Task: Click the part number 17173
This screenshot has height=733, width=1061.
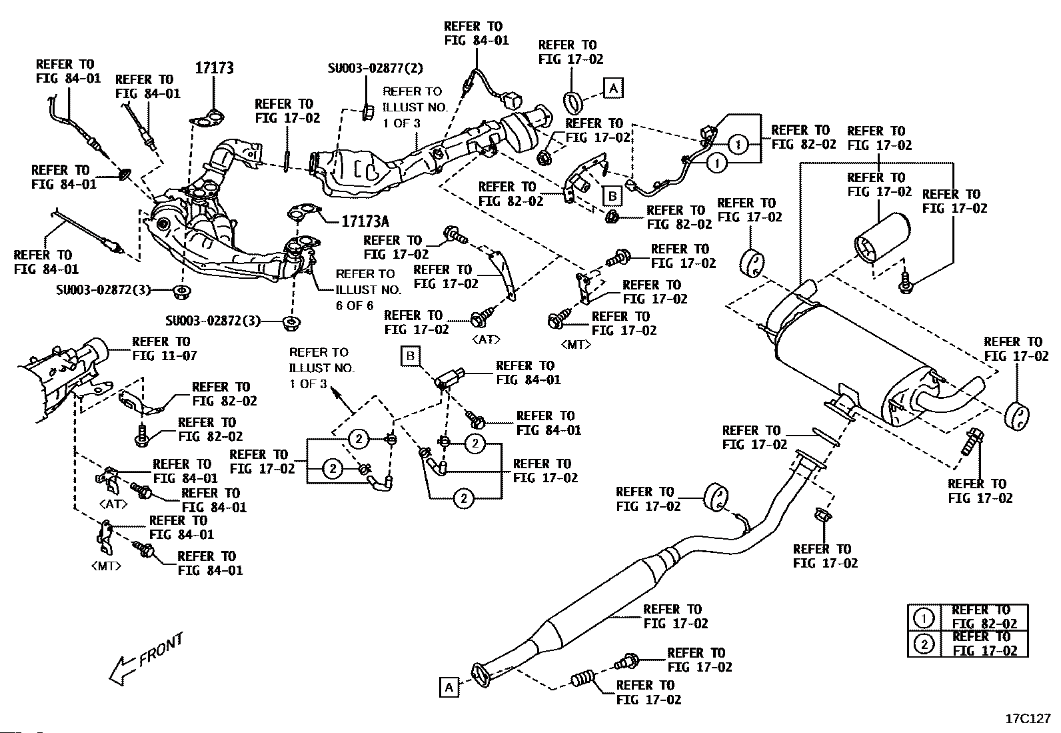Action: pos(214,68)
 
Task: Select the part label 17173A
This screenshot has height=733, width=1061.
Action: pos(365,221)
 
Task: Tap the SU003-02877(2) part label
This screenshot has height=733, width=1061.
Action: pos(375,68)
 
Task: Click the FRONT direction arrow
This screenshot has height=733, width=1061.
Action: pos(145,659)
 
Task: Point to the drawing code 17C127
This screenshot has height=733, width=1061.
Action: pos(1028,719)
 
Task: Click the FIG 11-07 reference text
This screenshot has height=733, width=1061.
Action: pos(165,355)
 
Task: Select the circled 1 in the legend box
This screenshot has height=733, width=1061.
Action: pos(923,618)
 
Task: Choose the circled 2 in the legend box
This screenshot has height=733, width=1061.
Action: pos(923,644)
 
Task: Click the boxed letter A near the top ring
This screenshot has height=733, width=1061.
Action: pos(613,88)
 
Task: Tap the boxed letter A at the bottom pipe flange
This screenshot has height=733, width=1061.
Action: pos(449,687)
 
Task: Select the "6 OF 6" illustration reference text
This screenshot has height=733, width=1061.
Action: pos(355,305)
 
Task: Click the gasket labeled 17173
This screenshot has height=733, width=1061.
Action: pos(207,120)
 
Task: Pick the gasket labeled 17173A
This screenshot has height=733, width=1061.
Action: pos(304,212)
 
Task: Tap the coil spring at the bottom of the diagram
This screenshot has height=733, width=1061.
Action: pos(582,680)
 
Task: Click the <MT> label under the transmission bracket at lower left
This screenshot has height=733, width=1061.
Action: pos(106,566)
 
